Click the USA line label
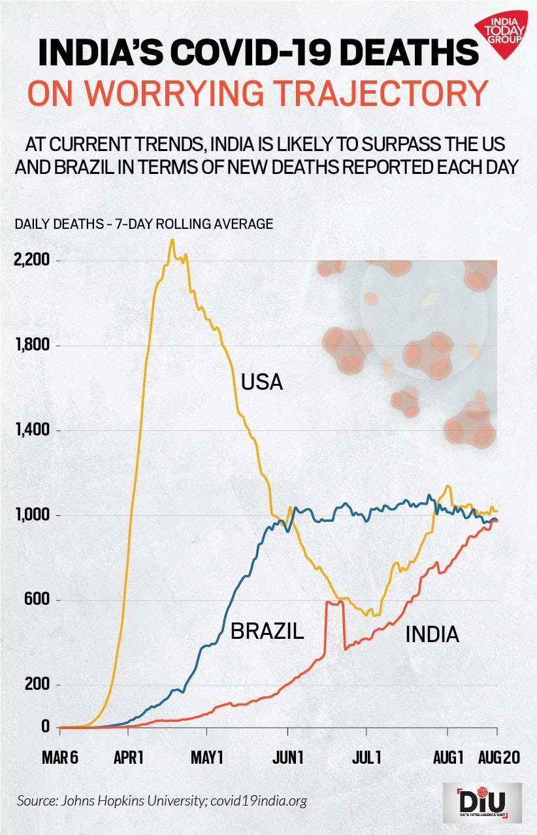point(261,381)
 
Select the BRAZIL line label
point(267,632)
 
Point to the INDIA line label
point(432,634)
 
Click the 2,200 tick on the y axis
point(32,260)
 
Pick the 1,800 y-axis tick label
point(32,345)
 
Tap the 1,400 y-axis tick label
point(32,430)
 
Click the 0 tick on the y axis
point(45,726)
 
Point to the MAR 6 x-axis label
point(60,757)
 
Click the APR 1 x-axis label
point(128,757)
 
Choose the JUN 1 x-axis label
point(287,757)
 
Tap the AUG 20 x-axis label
point(499,757)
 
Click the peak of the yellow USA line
point(172,240)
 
